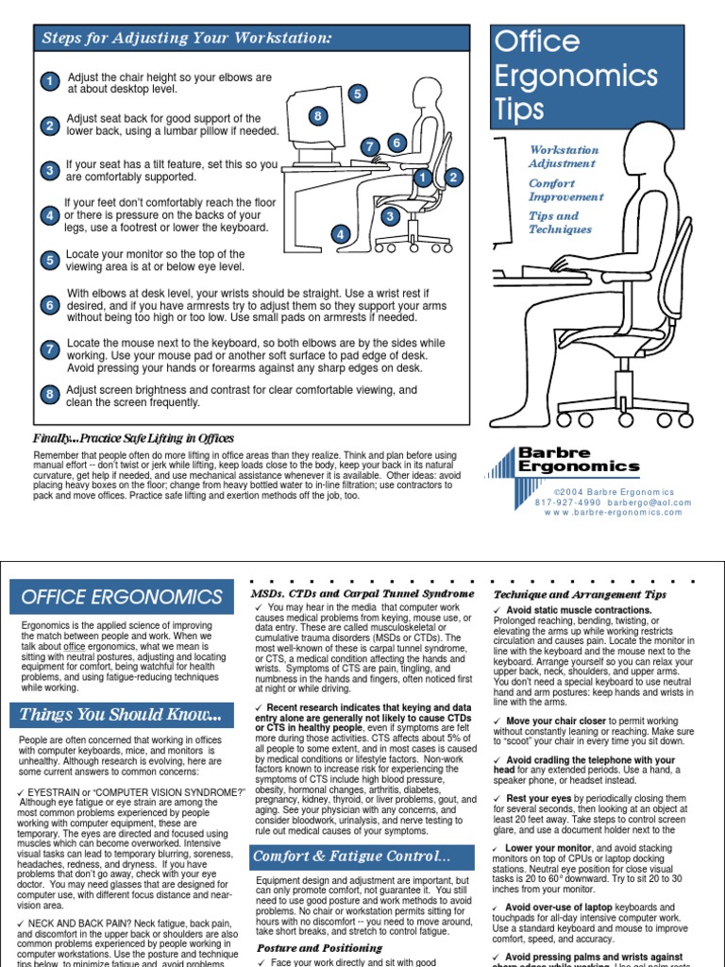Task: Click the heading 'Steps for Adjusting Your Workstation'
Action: pos(186,39)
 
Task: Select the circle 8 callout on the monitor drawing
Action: pos(318,116)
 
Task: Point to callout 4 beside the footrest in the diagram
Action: pos(340,234)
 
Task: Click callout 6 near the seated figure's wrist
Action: pos(396,143)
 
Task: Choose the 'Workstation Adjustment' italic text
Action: pos(564,157)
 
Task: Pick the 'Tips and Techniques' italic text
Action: pos(560,223)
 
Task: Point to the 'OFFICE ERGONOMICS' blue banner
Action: pos(122,598)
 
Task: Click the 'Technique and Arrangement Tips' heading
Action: pos(580,594)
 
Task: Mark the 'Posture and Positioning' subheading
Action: pos(307,947)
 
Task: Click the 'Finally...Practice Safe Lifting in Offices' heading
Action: pos(133,438)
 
